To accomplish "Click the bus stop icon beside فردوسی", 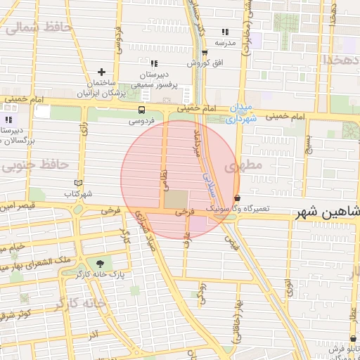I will tap(142, 110).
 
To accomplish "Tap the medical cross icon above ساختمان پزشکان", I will tap(102, 72).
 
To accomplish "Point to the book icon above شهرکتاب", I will tap(78, 183).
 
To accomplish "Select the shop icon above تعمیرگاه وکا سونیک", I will tap(236, 198).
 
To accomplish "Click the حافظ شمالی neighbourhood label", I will tap(39, 29).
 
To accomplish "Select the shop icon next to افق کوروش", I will tap(205, 53).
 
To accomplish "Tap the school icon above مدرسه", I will tap(225, 32).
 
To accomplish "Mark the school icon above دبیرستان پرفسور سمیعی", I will tap(154, 64).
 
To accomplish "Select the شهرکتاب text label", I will tap(78, 193).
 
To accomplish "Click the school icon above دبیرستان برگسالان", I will tap(8, 120).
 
